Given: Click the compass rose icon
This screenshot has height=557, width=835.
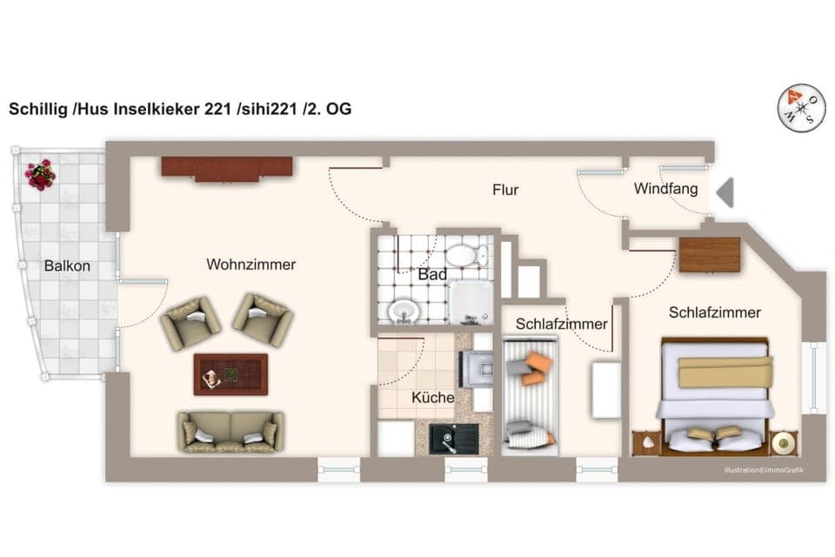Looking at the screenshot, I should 801,107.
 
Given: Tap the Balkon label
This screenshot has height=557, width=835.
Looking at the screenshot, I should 67,266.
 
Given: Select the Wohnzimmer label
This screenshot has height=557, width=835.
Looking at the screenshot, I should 250,265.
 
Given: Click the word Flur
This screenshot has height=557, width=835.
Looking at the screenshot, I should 505,189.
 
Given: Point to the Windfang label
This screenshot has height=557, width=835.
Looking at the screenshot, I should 665,188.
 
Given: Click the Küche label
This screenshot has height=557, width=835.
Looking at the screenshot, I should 432,398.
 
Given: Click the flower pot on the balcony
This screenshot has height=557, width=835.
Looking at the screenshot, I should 40,174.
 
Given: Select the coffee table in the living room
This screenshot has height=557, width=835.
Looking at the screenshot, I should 230,374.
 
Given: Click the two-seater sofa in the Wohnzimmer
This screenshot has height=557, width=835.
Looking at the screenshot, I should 230,431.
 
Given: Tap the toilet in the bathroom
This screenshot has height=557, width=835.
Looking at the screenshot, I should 466,255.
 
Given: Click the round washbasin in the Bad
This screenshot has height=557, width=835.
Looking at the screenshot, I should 403,309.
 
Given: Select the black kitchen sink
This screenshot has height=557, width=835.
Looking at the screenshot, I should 451,438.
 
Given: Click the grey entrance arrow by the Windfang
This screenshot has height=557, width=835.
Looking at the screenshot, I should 724,192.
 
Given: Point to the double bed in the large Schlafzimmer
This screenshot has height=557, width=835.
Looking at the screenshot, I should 715,396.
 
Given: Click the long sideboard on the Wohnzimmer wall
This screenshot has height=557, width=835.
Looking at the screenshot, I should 226,168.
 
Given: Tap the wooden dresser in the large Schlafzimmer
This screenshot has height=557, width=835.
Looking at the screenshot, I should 709,255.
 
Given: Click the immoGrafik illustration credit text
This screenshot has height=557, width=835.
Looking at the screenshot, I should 764,471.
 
